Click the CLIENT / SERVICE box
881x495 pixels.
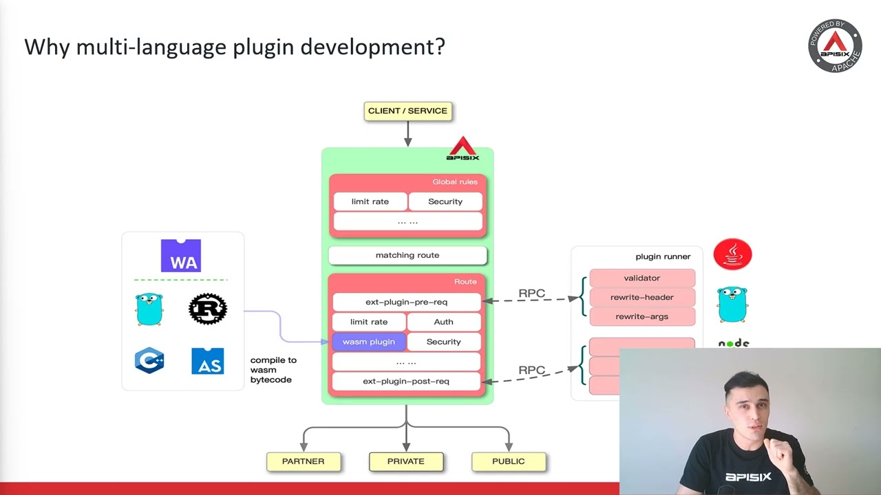407,111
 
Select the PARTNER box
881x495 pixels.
303,461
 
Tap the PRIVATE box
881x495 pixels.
405,461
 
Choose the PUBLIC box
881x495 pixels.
508,461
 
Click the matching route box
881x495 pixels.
407,255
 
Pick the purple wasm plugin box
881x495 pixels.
369,342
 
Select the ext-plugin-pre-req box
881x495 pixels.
406,302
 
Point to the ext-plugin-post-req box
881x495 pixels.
406,381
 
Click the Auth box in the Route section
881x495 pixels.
443,322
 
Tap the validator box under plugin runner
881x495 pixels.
641,278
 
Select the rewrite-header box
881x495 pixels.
641,297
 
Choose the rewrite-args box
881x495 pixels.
641,316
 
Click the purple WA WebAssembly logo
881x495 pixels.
181,256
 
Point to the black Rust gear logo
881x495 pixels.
208,309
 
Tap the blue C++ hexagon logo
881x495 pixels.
149,360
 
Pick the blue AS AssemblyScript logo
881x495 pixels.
207,361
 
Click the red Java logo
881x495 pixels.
732,254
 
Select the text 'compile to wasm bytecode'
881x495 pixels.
273,370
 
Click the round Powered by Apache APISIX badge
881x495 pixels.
835,46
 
